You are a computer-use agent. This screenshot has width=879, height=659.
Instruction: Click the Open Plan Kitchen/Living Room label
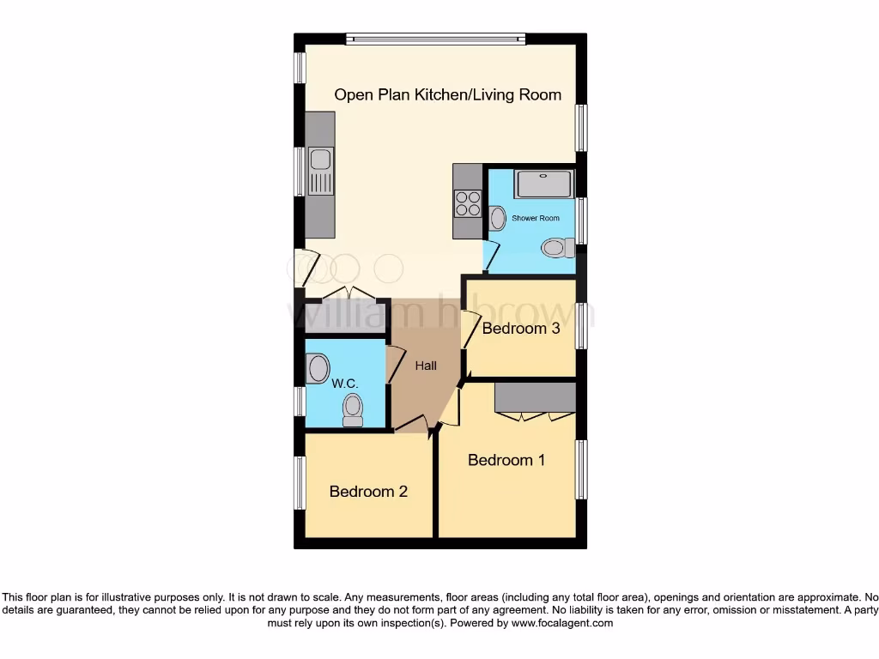pyautogui.click(x=447, y=94)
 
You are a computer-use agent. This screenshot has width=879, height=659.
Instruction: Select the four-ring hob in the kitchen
pyautogui.click(x=468, y=203)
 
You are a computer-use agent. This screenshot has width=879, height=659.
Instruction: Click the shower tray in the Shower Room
pyautogui.click(x=543, y=184)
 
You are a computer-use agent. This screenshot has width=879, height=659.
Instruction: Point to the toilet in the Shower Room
pyautogui.click(x=557, y=248)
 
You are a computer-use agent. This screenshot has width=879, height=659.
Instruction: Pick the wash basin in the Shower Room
pyautogui.click(x=497, y=218)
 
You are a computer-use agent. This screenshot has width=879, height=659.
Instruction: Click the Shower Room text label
pyautogui.click(x=536, y=218)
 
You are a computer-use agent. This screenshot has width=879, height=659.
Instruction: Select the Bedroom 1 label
pyautogui.click(x=506, y=460)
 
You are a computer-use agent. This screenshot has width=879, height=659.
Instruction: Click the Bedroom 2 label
pyautogui.click(x=368, y=492)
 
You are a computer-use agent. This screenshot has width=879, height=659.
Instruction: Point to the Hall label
pyautogui.click(x=426, y=366)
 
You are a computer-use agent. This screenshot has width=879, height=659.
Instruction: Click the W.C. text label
pyautogui.click(x=344, y=383)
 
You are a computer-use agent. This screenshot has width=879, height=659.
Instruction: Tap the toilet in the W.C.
pyautogui.click(x=352, y=410)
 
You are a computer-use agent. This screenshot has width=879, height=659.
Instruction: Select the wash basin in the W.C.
pyautogui.click(x=318, y=368)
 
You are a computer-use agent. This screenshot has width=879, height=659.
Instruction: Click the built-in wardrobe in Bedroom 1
pyautogui.click(x=535, y=397)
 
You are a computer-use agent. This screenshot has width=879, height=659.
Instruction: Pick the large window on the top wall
pyautogui.click(x=436, y=39)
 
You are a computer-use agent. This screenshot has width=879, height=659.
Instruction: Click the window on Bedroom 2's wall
pyautogui.click(x=300, y=482)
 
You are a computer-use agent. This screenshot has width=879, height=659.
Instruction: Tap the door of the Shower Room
pyautogui.click(x=491, y=255)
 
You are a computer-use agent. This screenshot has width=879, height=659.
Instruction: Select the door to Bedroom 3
pyautogui.click(x=469, y=329)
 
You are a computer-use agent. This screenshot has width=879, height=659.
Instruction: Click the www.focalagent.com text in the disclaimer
pyautogui.click(x=561, y=624)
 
